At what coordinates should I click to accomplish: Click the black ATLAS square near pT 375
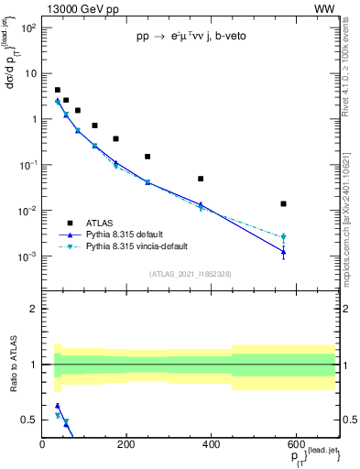201,179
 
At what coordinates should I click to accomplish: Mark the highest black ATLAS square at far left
58,90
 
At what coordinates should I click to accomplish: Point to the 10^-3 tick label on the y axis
27,257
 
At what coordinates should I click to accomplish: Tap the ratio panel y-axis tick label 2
33,309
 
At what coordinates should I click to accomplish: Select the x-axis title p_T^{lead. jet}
302,456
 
